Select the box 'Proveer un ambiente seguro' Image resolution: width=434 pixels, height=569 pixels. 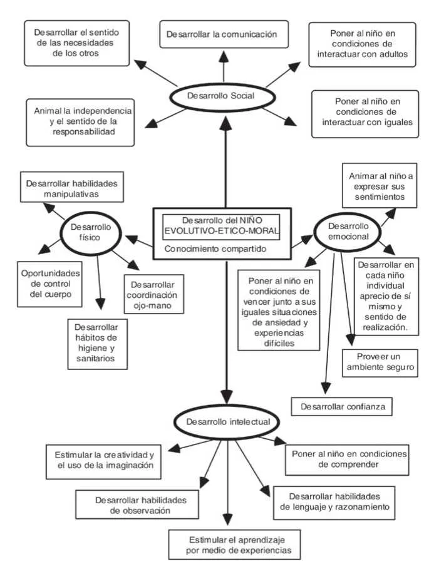point(380,362)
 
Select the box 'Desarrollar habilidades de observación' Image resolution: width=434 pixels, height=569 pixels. point(132,505)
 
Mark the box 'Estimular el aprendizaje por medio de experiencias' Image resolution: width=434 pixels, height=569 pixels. point(232,543)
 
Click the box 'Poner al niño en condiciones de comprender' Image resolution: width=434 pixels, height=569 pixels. point(346,458)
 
